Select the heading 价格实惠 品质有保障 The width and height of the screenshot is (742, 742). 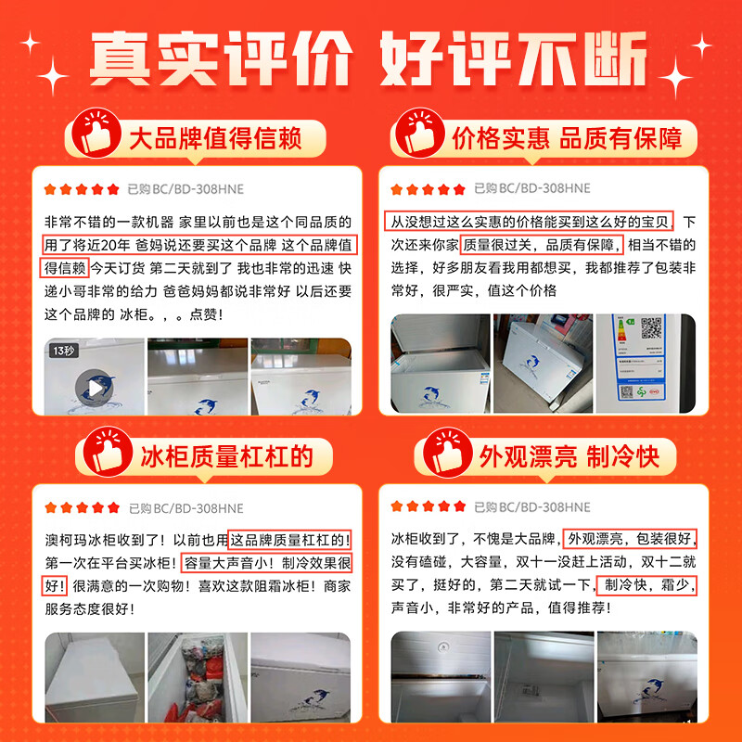[567, 139]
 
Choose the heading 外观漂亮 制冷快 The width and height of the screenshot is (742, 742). [569, 456]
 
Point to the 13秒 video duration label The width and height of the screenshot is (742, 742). [64, 352]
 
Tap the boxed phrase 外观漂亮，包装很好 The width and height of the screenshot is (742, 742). [632, 538]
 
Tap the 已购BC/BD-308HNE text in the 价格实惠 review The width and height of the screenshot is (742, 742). [531, 189]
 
